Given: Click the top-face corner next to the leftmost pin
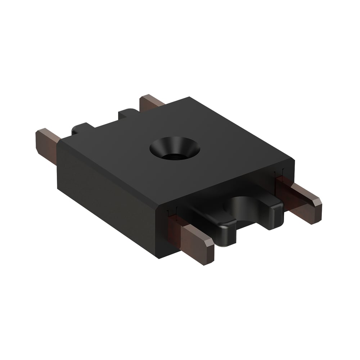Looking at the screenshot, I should click(59, 140).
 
